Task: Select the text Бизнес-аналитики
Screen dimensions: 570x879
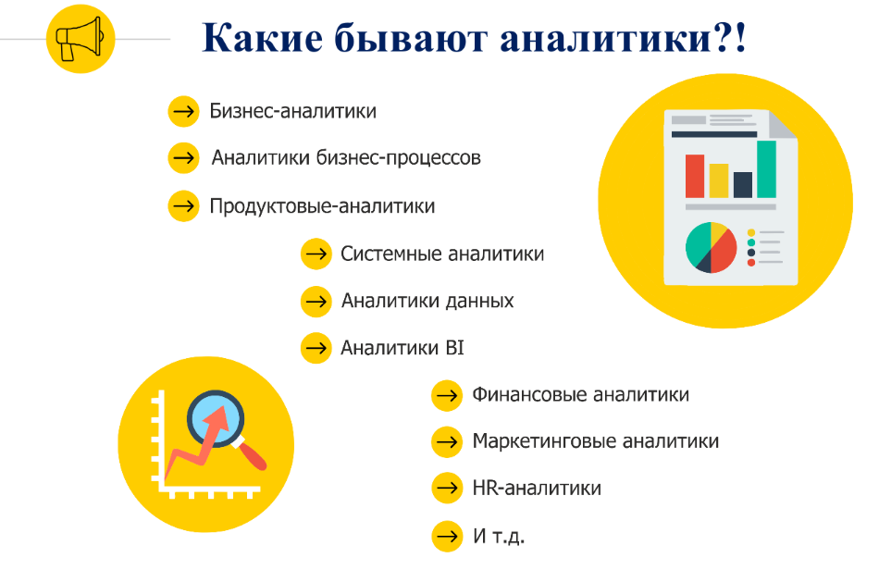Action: tap(292, 112)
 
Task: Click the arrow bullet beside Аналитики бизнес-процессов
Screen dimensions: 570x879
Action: tap(183, 158)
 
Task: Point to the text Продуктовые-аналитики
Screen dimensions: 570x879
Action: tap(322, 205)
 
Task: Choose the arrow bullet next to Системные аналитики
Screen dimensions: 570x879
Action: tap(316, 254)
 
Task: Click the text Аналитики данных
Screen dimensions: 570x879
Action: tap(427, 301)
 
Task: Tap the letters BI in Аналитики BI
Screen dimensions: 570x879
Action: tap(453, 349)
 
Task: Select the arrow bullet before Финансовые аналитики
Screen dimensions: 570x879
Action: tap(446, 395)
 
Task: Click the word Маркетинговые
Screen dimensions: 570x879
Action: tap(542, 441)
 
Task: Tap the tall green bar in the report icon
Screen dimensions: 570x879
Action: tap(766, 168)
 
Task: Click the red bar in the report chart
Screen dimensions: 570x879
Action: tap(694, 176)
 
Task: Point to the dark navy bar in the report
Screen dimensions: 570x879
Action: tap(742, 184)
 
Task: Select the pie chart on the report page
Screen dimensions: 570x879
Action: tap(711, 247)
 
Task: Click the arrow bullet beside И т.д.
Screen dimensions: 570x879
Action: tap(446, 536)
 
